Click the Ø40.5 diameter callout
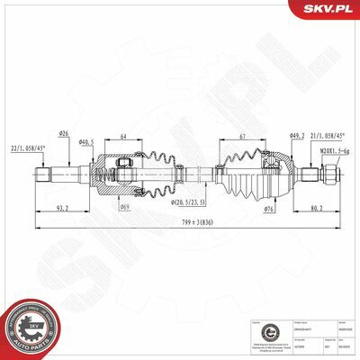[86, 142]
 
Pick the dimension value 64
[122, 136]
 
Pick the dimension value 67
[243, 136]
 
